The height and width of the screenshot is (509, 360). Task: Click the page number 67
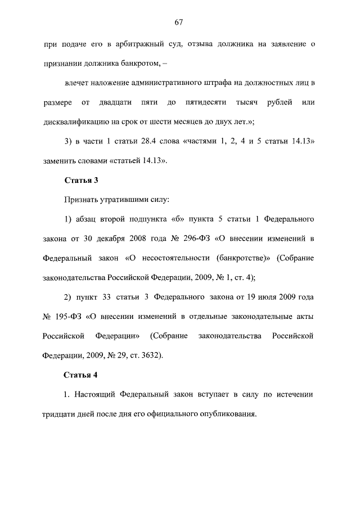179,22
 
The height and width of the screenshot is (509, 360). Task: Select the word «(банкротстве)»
242,259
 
